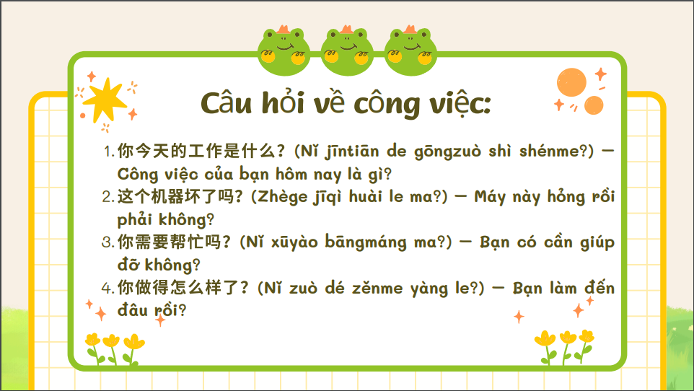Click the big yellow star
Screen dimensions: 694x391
pyautogui.click(x=105, y=100)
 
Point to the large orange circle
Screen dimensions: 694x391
pyautogui.click(x=571, y=82)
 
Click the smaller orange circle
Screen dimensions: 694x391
pyautogui.click(x=594, y=105)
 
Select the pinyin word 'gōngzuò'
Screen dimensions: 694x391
pyautogui.click(x=447, y=152)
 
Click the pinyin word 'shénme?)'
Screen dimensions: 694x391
pyautogui.click(x=556, y=151)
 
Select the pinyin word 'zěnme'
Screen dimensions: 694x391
pyautogui.click(x=377, y=289)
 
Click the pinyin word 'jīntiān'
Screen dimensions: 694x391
pyautogui.click(x=352, y=152)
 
